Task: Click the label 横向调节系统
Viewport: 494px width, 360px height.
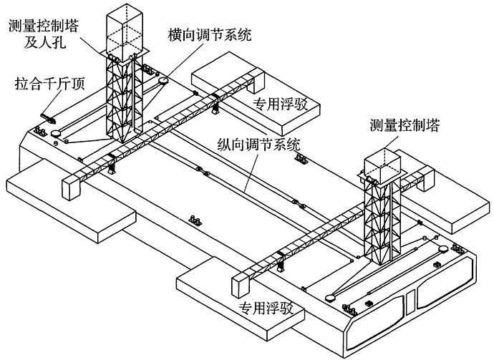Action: (210, 34)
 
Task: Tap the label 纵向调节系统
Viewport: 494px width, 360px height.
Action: (258, 145)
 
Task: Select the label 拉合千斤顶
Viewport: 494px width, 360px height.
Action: (50, 84)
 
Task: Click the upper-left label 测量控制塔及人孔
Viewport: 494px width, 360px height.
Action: (44, 34)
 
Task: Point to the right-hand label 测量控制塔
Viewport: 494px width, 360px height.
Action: (405, 126)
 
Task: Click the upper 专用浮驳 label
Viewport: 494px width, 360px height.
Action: (281, 104)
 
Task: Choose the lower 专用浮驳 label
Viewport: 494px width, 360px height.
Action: (266, 308)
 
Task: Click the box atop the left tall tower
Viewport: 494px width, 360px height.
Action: (125, 31)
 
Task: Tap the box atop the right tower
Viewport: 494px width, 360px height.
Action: (382, 166)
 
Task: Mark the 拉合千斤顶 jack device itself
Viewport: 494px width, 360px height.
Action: (48, 118)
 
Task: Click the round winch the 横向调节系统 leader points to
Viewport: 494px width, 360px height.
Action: (163, 81)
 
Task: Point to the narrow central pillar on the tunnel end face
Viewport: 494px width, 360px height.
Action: (410, 302)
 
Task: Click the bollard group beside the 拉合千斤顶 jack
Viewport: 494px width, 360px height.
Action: (40, 131)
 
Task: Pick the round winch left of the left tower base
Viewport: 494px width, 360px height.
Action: (55, 134)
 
